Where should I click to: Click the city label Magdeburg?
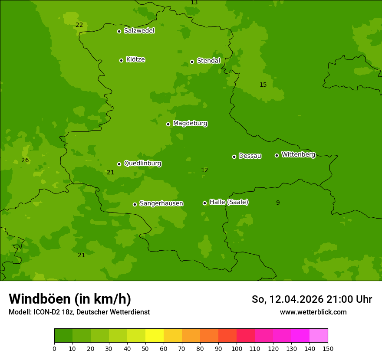click(190, 124)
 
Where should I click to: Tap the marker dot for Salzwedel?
click(119, 31)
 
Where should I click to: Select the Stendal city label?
click(209, 61)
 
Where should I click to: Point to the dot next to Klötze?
click(121, 60)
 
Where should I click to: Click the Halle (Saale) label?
click(229, 202)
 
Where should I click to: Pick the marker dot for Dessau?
click(234, 157)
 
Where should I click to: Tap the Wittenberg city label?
click(298, 154)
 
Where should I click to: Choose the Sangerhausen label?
click(161, 203)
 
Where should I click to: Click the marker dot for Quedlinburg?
click(119, 164)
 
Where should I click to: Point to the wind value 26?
click(25, 160)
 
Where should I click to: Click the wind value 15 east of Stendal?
click(263, 85)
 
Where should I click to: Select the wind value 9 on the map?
click(278, 203)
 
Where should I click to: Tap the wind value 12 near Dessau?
click(204, 170)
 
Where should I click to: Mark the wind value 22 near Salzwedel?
click(79, 25)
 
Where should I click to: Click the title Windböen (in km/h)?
click(70, 299)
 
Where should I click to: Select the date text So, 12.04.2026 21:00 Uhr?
click(312, 299)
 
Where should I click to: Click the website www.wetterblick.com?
click(313, 312)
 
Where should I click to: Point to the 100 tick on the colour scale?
click(237, 348)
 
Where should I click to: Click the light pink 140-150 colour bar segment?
click(319, 336)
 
